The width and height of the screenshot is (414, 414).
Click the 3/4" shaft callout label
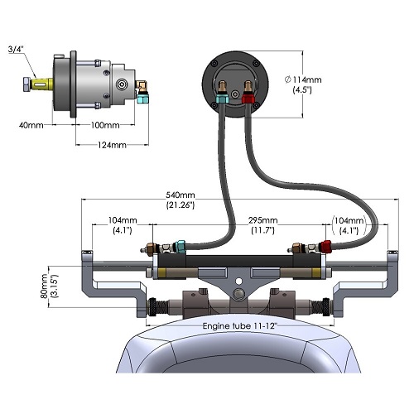(16, 50)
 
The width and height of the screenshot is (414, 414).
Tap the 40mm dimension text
(31, 125)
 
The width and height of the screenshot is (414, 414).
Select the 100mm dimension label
(105, 125)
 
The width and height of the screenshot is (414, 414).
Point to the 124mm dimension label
(112, 145)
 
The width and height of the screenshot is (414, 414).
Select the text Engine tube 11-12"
(240, 326)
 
